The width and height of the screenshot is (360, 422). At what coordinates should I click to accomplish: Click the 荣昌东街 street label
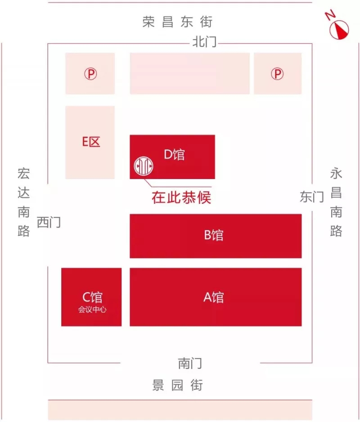pyautogui.click(x=177, y=22)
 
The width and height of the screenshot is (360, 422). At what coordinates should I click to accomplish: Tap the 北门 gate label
pyautogui.click(x=204, y=42)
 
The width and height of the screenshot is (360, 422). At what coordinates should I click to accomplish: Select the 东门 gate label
pyautogui.click(x=312, y=197)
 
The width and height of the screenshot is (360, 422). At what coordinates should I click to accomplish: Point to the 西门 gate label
pyautogui.click(x=49, y=222)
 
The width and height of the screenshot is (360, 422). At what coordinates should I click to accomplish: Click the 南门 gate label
pyautogui.click(x=190, y=364)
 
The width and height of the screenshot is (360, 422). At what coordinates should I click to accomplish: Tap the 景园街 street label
pyautogui.click(x=177, y=385)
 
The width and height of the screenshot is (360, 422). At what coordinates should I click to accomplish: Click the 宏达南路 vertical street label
pyautogui.click(x=24, y=202)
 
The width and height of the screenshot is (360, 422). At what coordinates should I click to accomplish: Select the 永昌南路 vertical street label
pyautogui.click(x=336, y=202)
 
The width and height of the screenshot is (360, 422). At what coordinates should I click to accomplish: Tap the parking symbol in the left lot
pyautogui.click(x=90, y=73)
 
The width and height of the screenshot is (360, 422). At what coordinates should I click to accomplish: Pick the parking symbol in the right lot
pyautogui.click(x=277, y=73)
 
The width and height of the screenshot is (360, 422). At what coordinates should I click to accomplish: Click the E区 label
pyautogui.click(x=91, y=142)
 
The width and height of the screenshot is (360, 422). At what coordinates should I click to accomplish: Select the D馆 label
pyautogui.click(x=175, y=154)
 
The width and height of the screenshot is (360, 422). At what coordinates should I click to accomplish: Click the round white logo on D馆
pyautogui.click(x=144, y=166)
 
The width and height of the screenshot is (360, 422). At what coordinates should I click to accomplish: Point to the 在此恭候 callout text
pyautogui.click(x=181, y=197)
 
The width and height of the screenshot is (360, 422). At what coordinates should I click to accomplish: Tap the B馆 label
pyautogui.click(x=214, y=235)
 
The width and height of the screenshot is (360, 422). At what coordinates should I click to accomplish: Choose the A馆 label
pyautogui.click(x=214, y=297)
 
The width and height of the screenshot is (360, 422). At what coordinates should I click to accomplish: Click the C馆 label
pyautogui.click(x=92, y=297)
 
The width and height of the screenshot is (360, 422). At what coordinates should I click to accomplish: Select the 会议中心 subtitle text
pyautogui.click(x=92, y=310)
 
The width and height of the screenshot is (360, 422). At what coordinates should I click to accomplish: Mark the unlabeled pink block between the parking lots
pyautogui.click(x=190, y=73)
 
